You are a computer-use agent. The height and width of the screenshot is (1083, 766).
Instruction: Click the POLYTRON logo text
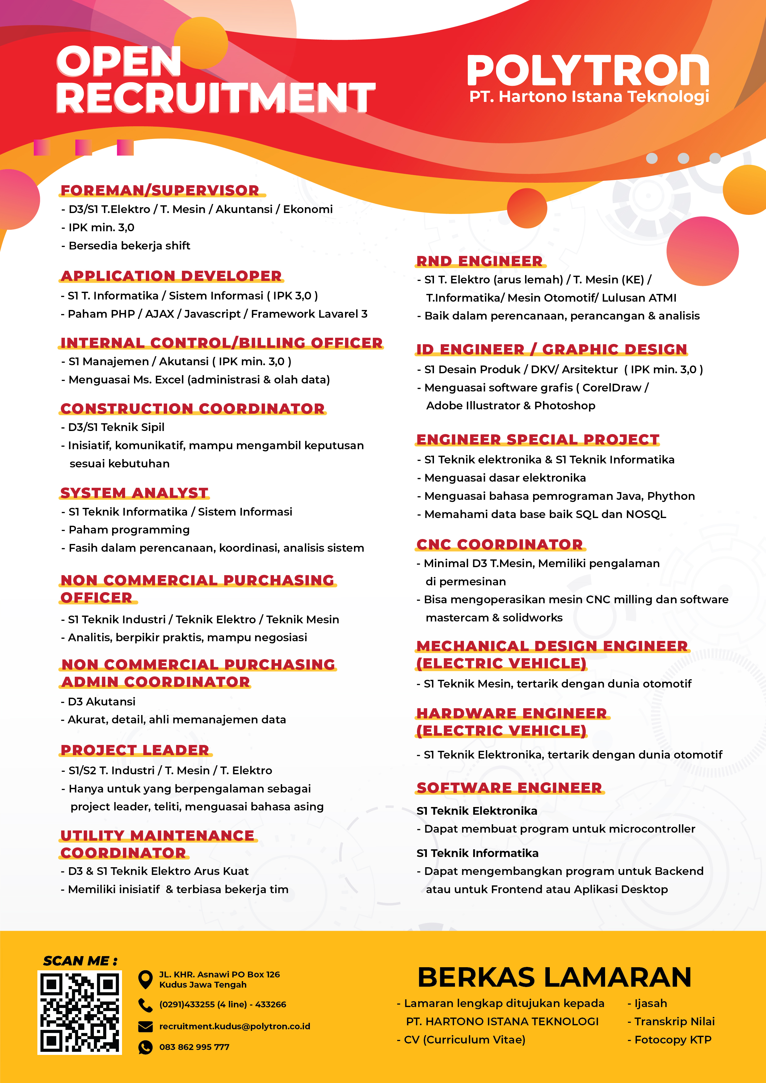tap(587, 70)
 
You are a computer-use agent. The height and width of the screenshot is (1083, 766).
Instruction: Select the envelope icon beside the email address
tap(145, 1027)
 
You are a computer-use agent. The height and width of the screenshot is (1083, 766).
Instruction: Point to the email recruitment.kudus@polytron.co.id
tap(234, 1027)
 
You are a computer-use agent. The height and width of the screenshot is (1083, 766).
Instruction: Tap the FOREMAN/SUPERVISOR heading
tap(160, 190)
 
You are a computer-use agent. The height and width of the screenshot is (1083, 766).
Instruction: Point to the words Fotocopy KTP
tap(672, 1039)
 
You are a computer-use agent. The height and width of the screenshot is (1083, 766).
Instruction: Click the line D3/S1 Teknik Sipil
tap(116, 427)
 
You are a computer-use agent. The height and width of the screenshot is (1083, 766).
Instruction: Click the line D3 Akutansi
tap(101, 701)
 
